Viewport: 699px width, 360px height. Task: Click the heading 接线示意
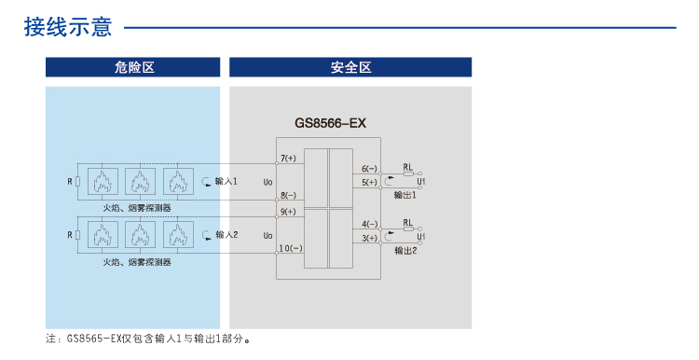(67, 27)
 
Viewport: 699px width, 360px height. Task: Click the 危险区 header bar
(133, 67)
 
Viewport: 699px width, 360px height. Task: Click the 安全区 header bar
(350, 67)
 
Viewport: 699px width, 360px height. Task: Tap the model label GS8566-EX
(332, 122)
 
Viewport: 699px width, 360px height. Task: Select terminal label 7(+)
(287, 159)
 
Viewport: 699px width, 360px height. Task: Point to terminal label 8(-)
(287, 196)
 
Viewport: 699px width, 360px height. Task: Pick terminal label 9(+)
(287, 212)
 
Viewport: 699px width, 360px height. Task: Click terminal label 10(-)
(290, 249)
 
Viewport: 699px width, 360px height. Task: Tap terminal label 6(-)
(369, 169)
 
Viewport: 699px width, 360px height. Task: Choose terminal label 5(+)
(369, 182)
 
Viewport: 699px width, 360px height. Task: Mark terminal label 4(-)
(369, 225)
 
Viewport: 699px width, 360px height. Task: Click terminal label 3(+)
(369, 238)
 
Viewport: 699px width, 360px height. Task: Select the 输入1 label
(226, 181)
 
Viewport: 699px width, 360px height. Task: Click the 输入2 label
(226, 234)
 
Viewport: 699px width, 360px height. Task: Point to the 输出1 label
(404, 195)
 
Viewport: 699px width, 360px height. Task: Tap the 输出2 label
(404, 250)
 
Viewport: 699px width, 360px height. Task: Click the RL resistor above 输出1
(408, 174)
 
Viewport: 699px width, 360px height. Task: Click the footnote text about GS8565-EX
(149, 339)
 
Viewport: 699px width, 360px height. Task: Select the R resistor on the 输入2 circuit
(77, 235)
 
